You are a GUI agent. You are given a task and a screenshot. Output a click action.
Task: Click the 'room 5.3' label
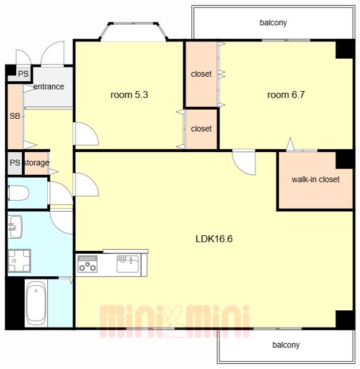(129, 95)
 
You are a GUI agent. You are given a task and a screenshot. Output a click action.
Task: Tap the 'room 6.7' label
(286, 95)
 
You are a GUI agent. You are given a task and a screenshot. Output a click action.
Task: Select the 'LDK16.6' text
(214, 239)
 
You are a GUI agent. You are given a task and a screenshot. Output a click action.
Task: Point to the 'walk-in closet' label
(316, 179)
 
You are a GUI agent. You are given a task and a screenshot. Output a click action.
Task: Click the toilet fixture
(18, 193)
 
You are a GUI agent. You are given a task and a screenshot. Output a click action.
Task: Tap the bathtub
(36, 303)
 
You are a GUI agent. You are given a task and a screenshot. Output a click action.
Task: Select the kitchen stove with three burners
(87, 264)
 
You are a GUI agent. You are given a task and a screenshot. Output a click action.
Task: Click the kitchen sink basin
(128, 264)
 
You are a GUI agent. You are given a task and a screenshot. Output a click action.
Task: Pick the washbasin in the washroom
(15, 227)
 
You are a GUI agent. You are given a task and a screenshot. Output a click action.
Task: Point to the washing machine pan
(19, 261)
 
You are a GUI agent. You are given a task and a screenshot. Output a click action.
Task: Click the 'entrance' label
(49, 86)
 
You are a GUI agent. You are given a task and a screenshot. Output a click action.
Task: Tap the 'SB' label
(15, 116)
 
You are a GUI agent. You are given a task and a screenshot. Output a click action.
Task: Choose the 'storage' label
(36, 163)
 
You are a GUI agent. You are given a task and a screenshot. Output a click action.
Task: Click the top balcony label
(273, 23)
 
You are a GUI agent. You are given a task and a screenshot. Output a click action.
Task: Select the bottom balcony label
(286, 345)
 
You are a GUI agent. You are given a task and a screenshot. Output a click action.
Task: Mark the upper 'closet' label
(201, 74)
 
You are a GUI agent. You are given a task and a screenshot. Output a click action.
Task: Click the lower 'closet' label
(201, 129)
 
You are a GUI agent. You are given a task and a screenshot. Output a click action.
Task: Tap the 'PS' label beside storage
(15, 163)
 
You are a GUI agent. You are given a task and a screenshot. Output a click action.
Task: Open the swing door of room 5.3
(86, 133)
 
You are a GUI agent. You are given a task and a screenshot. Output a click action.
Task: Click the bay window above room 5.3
(134, 31)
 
